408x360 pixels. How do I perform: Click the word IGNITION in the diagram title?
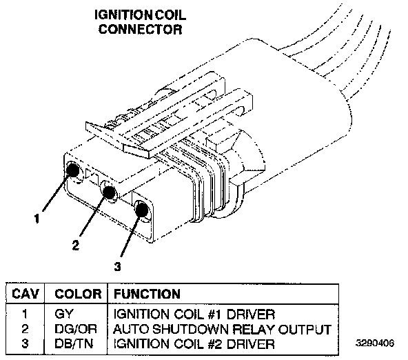(x=123, y=15)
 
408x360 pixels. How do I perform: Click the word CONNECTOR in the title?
(x=141, y=29)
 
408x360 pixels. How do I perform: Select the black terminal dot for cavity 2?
(x=109, y=192)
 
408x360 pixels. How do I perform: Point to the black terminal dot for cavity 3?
(x=142, y=210)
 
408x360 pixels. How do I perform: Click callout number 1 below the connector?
(x=37, y=218)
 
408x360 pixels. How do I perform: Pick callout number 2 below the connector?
(x=75, y=245)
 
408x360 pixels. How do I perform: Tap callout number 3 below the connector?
(x=118, y=266)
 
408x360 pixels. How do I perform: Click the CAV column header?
(x=25, y=294)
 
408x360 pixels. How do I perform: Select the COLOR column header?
(x=78, y=294)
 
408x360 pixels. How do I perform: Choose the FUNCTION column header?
(x=147, y=294)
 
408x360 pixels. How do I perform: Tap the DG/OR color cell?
(x=76, y=329)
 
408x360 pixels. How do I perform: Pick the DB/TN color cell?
(x=74, y=344)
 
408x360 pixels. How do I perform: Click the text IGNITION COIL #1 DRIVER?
(x=194, y=314)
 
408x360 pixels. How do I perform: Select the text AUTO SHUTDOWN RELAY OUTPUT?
(x=222, y=329)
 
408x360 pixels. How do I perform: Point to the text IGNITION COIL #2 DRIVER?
(x=194, y=344)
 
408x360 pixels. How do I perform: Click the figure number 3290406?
(x=375, y=343)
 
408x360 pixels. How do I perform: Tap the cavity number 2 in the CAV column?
(x=25, y=329)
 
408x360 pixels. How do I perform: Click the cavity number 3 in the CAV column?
(x=25, y=344)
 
